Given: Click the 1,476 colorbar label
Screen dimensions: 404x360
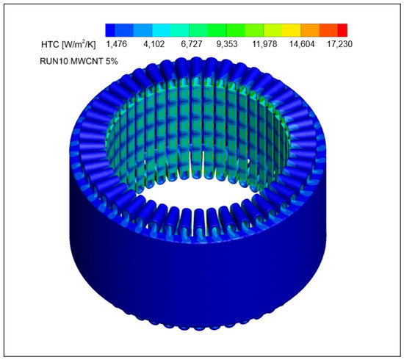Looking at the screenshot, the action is [117, 44].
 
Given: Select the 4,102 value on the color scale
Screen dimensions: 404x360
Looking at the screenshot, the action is [154, 44].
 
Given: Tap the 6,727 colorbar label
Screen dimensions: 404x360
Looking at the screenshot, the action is [191, 44].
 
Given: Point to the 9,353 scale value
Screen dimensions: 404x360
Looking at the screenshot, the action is [227, 44].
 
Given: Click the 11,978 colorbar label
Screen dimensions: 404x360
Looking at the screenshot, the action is [264, 44].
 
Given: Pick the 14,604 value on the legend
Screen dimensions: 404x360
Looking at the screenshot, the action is [302, 44].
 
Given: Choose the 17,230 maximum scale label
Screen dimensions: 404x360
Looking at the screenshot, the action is [339, 44].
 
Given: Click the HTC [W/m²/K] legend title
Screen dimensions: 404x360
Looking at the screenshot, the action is [68, 44].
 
